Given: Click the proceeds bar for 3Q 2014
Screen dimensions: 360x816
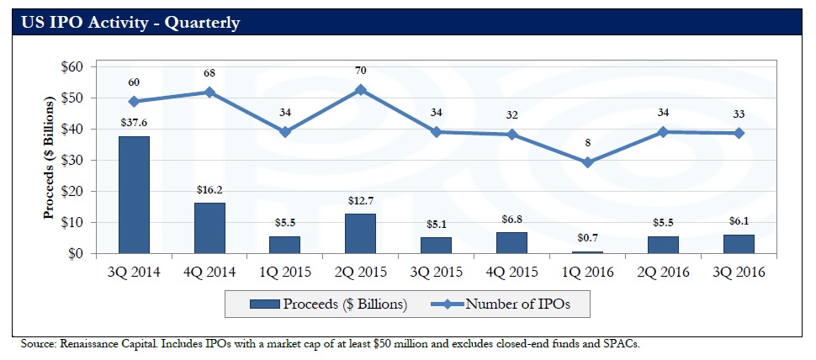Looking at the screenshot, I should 133,194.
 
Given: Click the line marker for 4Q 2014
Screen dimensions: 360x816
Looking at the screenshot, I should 209,92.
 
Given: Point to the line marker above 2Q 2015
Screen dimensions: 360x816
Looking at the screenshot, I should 360,89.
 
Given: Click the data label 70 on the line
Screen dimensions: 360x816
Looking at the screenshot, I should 360,71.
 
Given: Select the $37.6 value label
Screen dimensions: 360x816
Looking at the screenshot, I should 133,124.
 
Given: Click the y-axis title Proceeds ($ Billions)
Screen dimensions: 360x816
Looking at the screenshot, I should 49,160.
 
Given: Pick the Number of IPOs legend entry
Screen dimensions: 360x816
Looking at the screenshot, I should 506,304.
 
